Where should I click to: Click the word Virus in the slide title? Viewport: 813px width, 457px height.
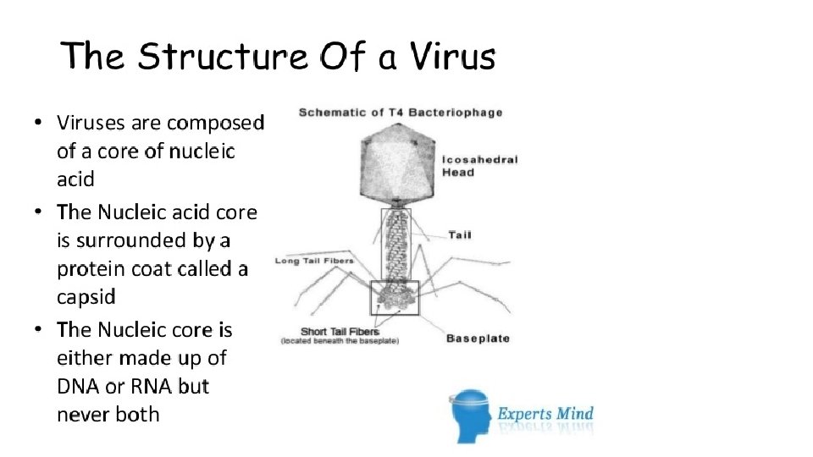click(451, 58)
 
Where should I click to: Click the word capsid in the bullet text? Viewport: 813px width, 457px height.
click(86, 297)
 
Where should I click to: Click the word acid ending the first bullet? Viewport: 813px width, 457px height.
click(75, 179)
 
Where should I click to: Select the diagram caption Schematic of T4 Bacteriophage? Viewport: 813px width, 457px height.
click(400, 112)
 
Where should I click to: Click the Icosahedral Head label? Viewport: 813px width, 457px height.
click(478, 166)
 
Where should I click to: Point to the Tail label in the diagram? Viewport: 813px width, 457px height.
click(460, 234)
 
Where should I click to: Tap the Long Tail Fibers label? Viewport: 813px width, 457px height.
click(314, 261)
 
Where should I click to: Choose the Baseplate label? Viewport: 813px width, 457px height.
click(478, 339)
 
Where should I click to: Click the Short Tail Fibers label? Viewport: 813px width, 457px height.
click(340, 332)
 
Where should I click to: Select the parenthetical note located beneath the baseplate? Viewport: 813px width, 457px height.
click(340, 341)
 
